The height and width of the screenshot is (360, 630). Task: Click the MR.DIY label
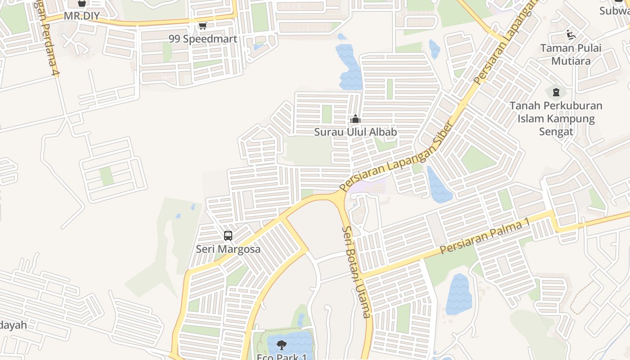pos(81,17)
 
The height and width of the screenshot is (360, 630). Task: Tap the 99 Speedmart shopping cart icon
pos(202,26)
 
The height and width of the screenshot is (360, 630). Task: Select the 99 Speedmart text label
pos(202,39)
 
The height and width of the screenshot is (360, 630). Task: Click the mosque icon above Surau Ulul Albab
pos(355,119)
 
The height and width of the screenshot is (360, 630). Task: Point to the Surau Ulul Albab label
pos(355,132)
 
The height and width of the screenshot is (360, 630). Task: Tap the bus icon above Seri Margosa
pos(228,236)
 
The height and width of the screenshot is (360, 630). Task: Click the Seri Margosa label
pos(228,249)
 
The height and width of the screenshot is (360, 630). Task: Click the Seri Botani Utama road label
pos(356,272)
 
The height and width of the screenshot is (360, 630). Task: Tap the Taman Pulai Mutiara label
pos(571,54)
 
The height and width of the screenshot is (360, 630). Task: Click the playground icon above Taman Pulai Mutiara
pos(571,35)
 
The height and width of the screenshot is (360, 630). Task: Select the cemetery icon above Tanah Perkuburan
pos(556,93)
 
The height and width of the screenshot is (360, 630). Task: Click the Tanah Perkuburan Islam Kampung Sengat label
pos(556,118)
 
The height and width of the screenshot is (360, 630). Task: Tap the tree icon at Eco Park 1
pos(282,345)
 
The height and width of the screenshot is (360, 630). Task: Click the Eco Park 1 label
pos(282,357)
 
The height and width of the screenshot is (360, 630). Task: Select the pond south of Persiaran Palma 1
pos(459,295)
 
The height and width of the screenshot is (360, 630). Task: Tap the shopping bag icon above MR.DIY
pos(81,3)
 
